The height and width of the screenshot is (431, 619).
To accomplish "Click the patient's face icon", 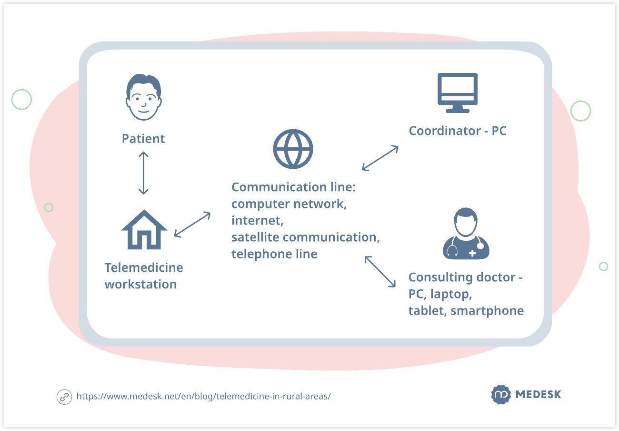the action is pos(143,97).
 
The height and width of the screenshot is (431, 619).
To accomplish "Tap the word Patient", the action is pos(143,139).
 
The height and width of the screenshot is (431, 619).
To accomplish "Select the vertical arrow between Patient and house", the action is pos(143,173).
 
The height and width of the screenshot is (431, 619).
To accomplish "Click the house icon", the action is pos(144,230).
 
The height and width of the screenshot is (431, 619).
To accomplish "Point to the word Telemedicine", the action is pos(144,267).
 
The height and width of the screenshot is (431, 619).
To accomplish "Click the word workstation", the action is pos(140,284).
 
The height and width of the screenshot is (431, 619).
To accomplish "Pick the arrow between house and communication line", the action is pos(192,225).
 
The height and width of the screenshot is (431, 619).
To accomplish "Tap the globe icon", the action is pos(293,149).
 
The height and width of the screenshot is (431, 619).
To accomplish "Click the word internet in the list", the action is pos(257,220).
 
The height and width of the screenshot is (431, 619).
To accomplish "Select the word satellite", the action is pos(255,237).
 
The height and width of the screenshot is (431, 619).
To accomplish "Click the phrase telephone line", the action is pos(274,254).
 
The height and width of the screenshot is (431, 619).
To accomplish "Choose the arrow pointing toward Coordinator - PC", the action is pos(380,158).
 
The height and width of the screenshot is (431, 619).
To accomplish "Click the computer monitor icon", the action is pos(457,93).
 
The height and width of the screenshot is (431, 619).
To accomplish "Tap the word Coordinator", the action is pos(445,131).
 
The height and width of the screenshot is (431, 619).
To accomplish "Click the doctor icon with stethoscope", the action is pos(466,234).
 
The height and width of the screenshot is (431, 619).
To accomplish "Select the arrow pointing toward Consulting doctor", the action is pos(380,271).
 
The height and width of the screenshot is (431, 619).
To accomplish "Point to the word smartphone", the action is pos(487,311).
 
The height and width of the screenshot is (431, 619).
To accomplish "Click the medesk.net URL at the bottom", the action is pos(203,396).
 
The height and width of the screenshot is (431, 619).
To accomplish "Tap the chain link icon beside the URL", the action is pos(64,397).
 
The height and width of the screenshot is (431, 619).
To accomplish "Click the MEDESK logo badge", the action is pos(501,394).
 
